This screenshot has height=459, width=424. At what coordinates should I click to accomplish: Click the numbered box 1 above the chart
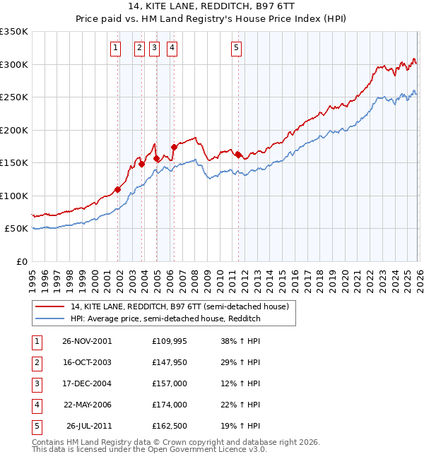(x=115, y=48)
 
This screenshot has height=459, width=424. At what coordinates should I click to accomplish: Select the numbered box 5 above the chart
(x=235, y=48)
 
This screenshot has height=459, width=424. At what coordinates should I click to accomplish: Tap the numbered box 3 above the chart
(x=154, y=48)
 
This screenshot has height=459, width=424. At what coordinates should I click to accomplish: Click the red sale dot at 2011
(x=238, y=155)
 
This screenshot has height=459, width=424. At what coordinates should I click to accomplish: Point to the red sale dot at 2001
(x=118, y=189)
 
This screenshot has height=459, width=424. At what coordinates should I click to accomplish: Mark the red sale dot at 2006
(x=174, y=147)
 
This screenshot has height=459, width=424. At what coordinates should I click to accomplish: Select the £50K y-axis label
(x=16, y=229)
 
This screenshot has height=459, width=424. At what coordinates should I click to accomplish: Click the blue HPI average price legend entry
(x=165, y=319)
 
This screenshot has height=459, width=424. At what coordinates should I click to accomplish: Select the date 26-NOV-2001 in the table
(x=87, y=340)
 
